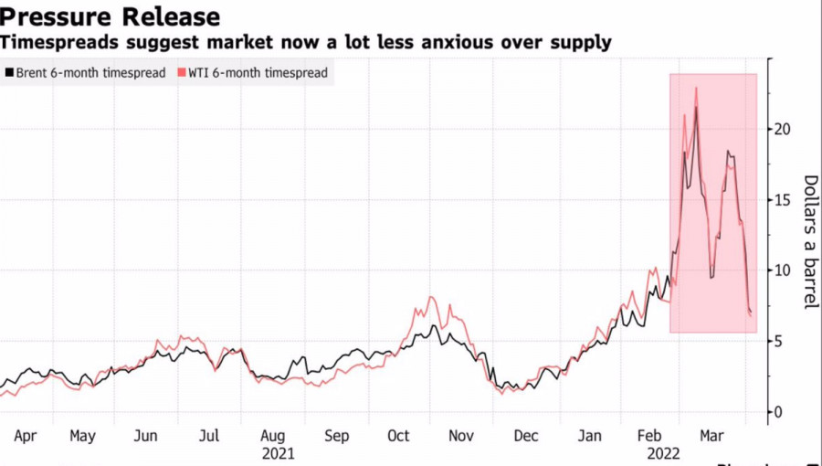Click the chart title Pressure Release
[x=111, y=16]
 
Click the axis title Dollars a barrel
[x=809, y=241]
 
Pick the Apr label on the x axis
[x=25, y=437]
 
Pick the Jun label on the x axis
[x=145, y=437]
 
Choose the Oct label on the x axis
[x=398, y=437]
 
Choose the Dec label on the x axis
[x=525, y=437]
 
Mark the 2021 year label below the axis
[x=278, y=453]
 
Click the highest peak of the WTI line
[x=696, y=89]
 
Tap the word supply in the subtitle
[x=584, y=42]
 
